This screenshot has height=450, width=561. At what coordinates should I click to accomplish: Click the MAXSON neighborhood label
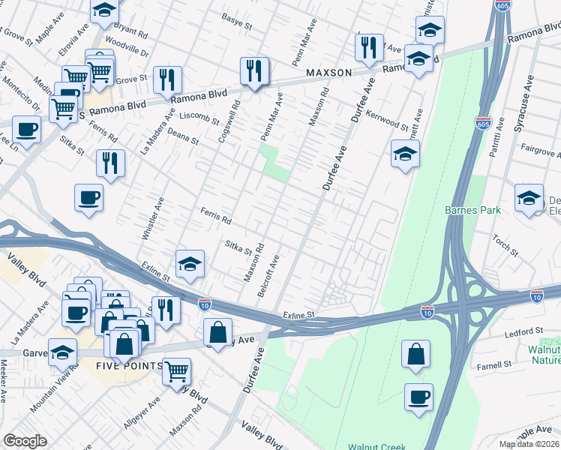click(328, 73)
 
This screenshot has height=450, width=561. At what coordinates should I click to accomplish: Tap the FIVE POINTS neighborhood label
click(128, 365)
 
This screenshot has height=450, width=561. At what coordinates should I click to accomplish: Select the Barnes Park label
click(472, 211)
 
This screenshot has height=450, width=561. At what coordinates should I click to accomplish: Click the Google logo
click(25, 441)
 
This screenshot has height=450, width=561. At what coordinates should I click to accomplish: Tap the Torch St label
click(500, 241)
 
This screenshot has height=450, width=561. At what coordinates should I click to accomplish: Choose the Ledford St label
click(523, 331)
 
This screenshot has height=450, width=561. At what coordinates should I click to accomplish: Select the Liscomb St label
click(200, 118)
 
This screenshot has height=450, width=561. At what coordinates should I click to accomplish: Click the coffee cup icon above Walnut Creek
click(418, 396)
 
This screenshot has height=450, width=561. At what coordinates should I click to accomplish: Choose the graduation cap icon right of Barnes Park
click(529, 199)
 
